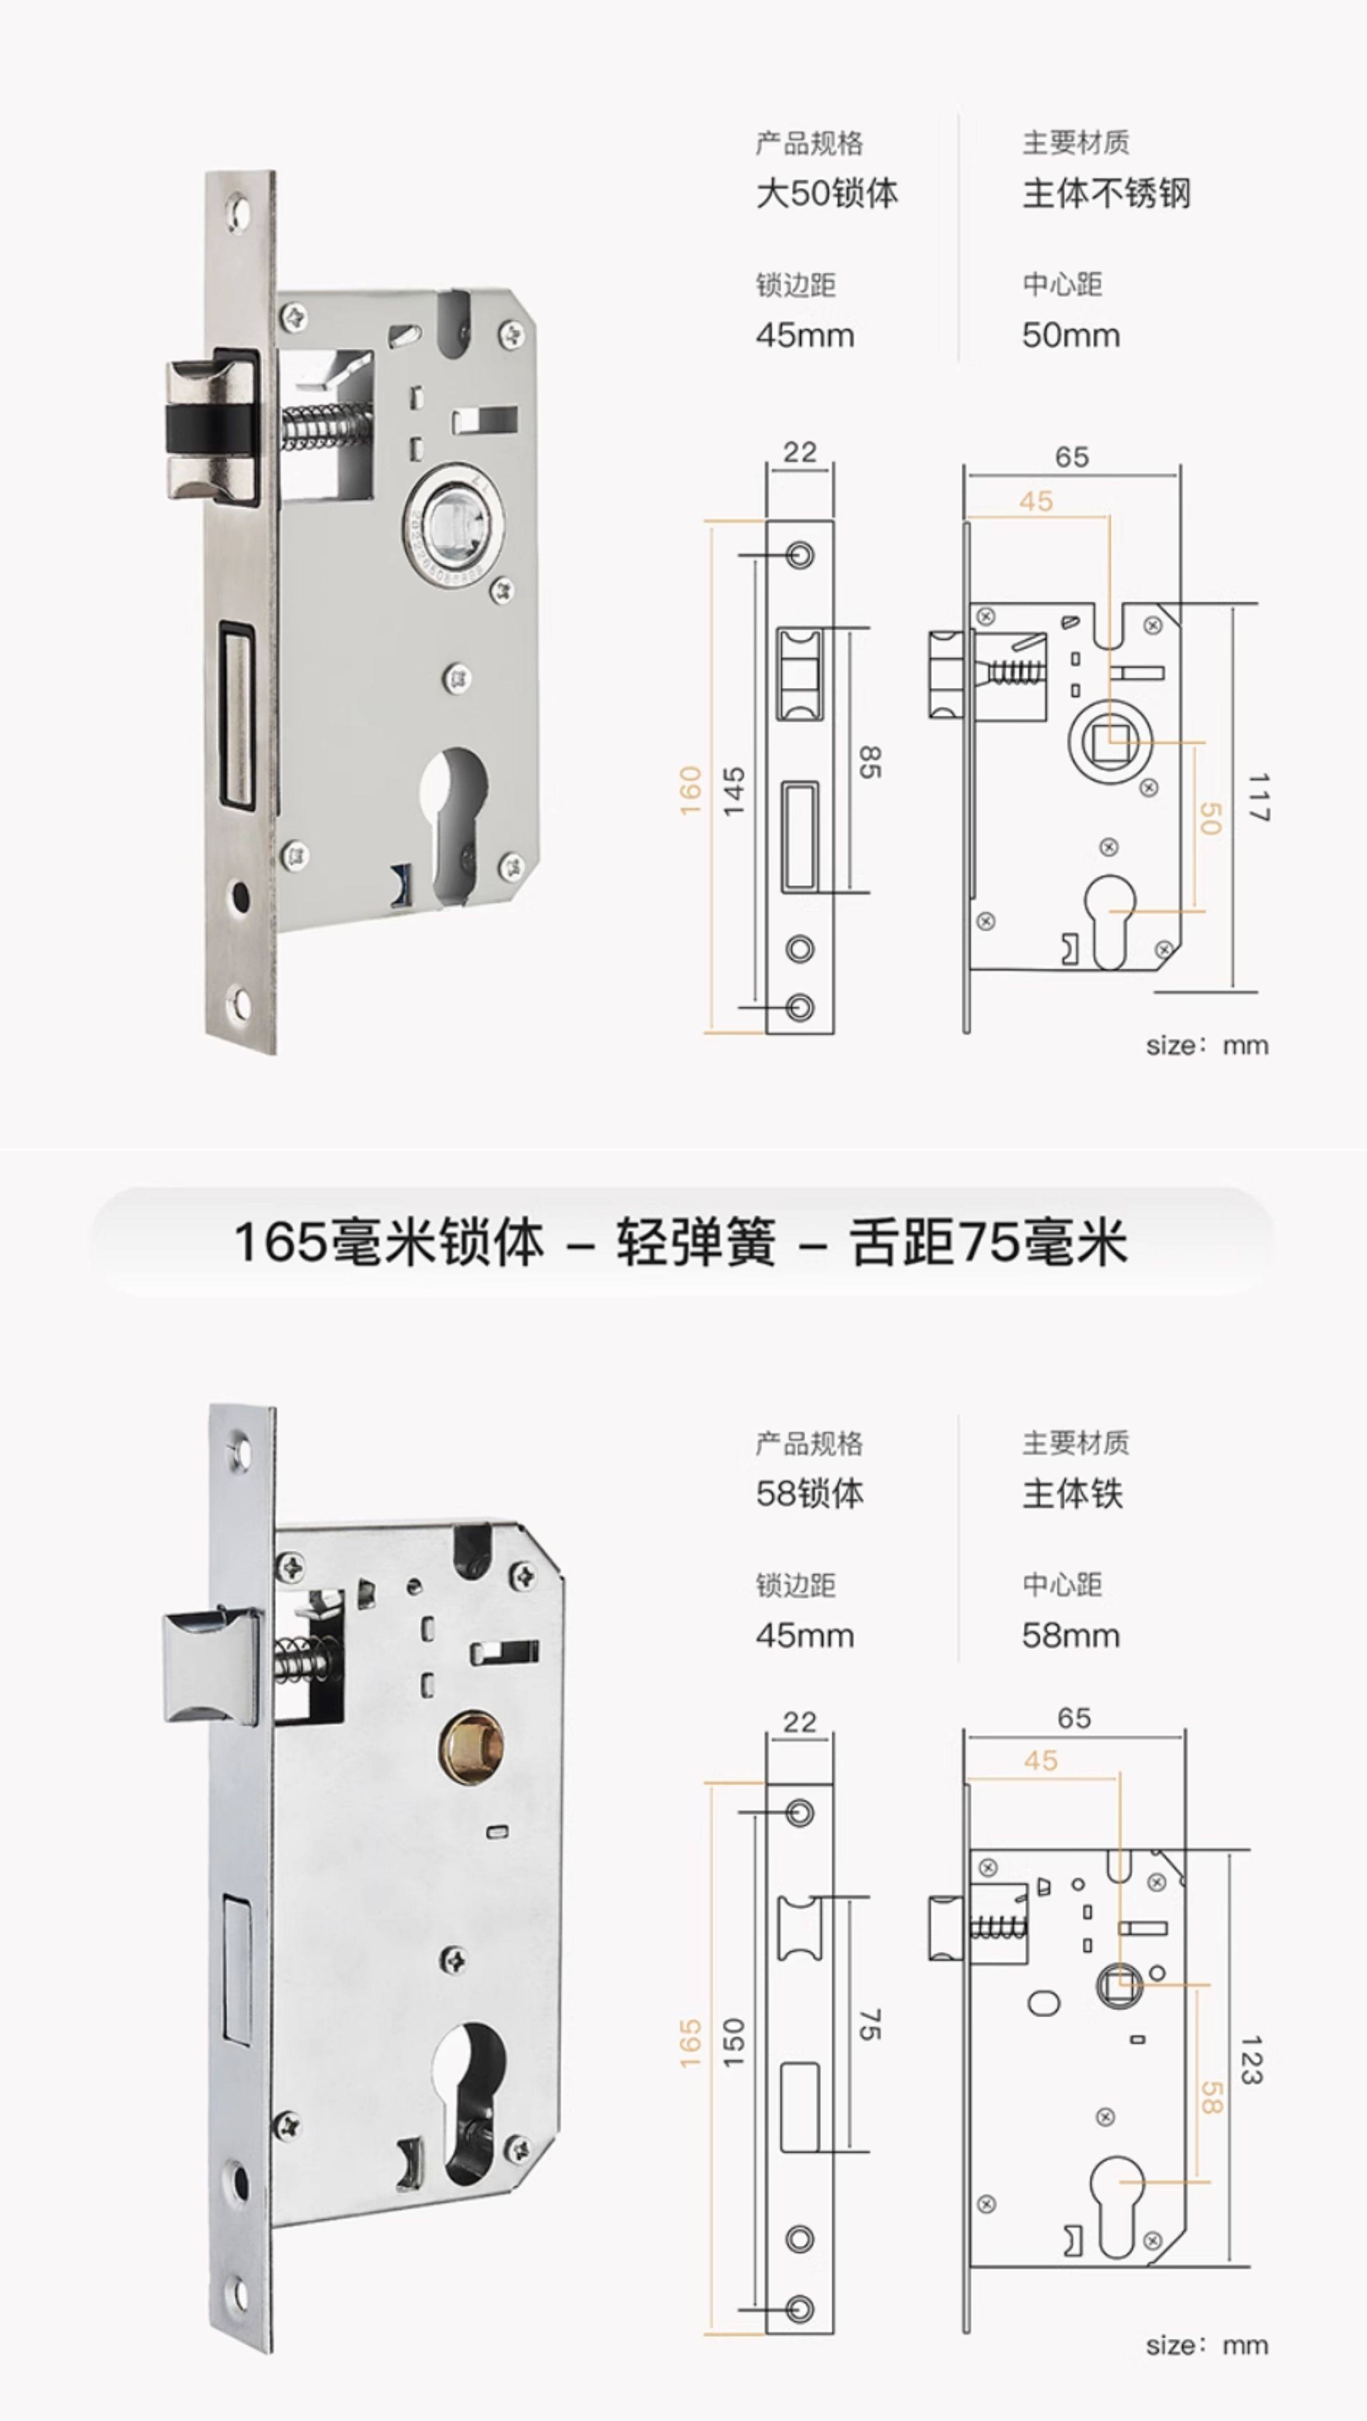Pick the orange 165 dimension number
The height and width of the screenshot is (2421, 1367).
(x=691, y=2043)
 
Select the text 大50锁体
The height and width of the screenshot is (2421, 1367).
(x=827, y=193)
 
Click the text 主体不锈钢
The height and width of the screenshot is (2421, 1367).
(x=1106, y=193)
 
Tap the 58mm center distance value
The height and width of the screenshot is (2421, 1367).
(x=1071, y=1635)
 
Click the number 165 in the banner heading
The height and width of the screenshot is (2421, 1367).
(x=279, y=1242)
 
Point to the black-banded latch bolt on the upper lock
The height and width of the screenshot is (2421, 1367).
(x=212, y=428)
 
